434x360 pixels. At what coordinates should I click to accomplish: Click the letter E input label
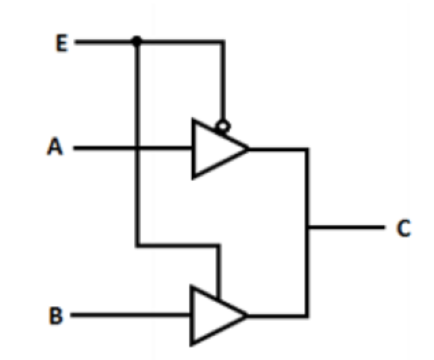pyautogui.click(x=62, y=43)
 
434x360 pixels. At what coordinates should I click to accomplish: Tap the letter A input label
pyautogui.click(x=55, y=146)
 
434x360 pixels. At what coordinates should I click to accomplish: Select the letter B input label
pyautogui.click(x=56, y=315)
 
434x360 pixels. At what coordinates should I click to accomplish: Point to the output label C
pyautogui.click(x=404, y=228)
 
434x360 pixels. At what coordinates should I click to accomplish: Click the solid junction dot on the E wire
pyautogui.click(x=137, y=41)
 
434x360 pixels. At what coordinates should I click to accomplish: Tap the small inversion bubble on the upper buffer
pyautogui.click(x=223, y=127)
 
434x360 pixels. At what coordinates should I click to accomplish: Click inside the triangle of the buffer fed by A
pyautogui.click(x=213, y=149)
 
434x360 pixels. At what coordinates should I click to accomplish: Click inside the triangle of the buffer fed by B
pyautogui.click(x=212, y=315)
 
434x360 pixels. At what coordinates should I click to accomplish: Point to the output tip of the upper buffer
pyautogui.click(x=249, y=149)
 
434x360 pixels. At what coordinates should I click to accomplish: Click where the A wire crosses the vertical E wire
pyautogui.click(x=137, y=148)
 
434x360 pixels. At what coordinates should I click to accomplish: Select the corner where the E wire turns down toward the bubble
pyautogui.click(x=222, y=42)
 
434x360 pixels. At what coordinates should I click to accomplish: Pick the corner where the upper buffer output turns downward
pyautogui.click(x=307, y=150)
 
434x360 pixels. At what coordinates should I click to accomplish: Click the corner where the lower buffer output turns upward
pyautogui.click(x=307, y=315)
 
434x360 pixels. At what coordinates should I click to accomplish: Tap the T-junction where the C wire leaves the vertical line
pyautogui.click(x=307, y=228)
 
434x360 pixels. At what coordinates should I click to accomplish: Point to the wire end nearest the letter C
pyautogui.click(x=384, y=228)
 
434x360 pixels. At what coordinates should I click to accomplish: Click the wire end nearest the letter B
pyautogui.click(x=72, y=315)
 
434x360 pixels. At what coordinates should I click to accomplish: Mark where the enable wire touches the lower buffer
pyautogui.click(x=219, y=300)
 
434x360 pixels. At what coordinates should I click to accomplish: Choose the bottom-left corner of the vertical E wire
pyautogui.click(x=137, y=245)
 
